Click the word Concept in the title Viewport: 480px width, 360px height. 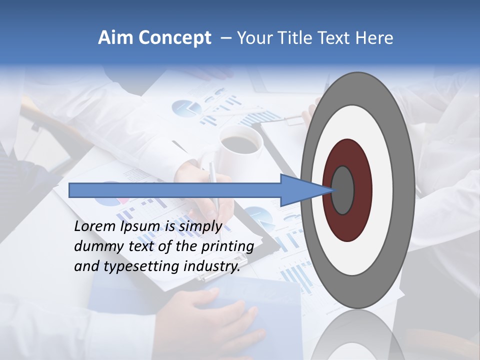click(x=174, y=38)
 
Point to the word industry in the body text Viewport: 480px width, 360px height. click(x=212, y=266)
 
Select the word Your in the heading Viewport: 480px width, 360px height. click(x=253, y=38)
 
